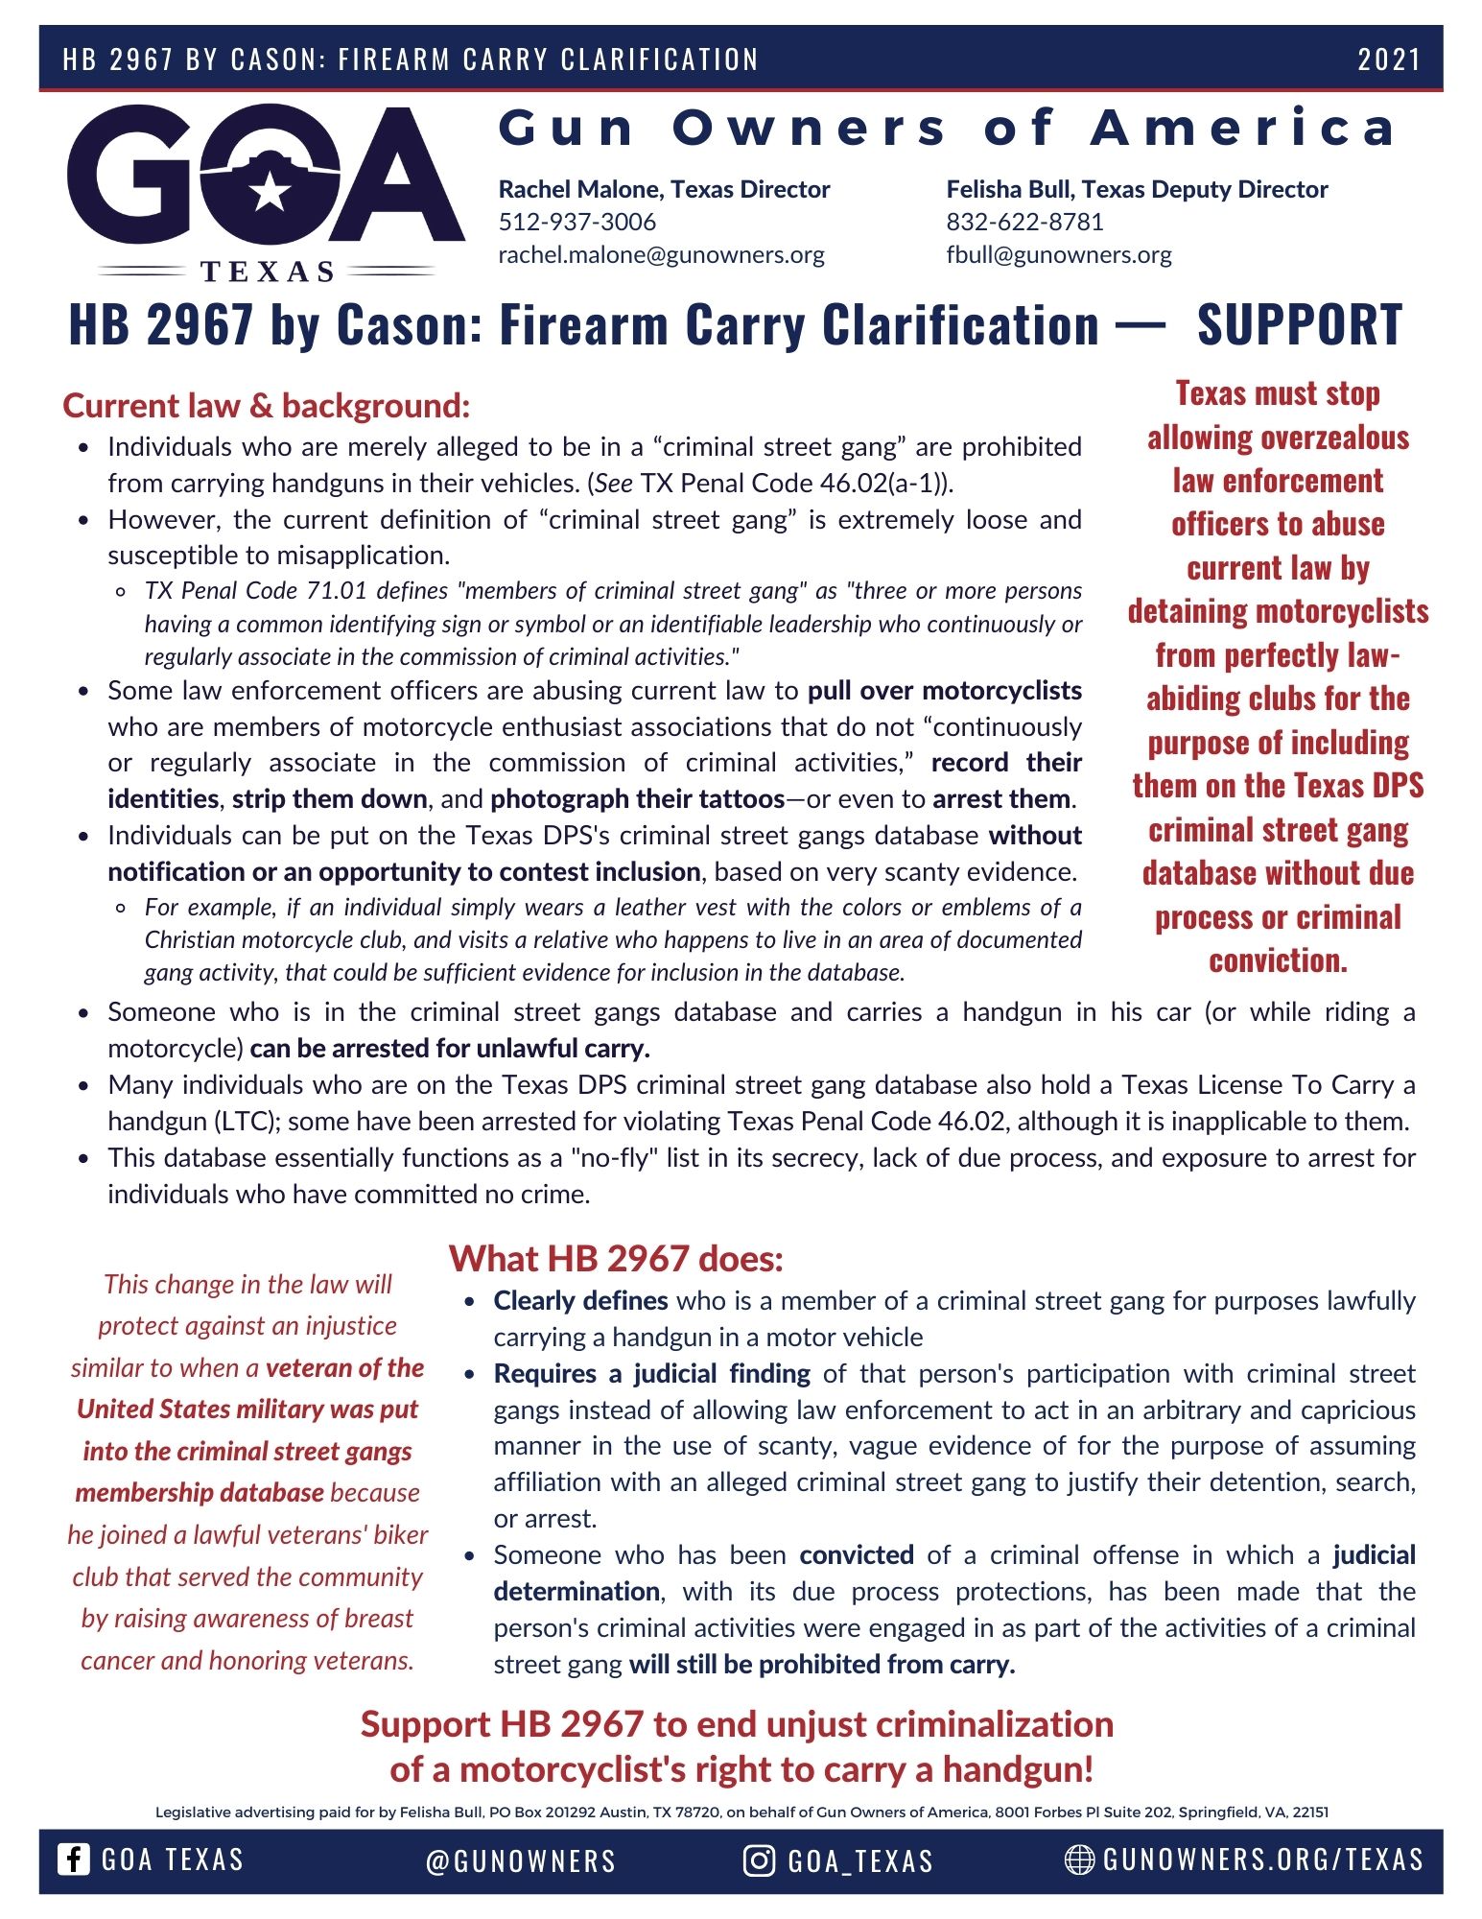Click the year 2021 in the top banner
[1388, 59]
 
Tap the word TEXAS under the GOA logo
[268, 272]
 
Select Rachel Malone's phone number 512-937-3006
[576, 222]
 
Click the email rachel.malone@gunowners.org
[661, 254]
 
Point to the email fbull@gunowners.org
[1058, 254]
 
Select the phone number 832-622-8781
[1024, 222]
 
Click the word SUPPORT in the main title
[1299, 324]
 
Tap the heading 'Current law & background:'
[266, 406]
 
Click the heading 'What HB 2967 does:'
[616, 1258]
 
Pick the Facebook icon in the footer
[74, 1859]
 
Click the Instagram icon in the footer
[759, 1860]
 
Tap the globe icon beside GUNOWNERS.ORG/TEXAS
[1079, 1860]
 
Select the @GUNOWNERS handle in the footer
[521, 1860]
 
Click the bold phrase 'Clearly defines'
[580, 1301]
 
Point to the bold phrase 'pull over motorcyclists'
[944, 691]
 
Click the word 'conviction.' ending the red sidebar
[1278, 960]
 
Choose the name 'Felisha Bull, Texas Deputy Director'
[1137, 189]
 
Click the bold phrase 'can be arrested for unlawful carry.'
[450, 1049]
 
